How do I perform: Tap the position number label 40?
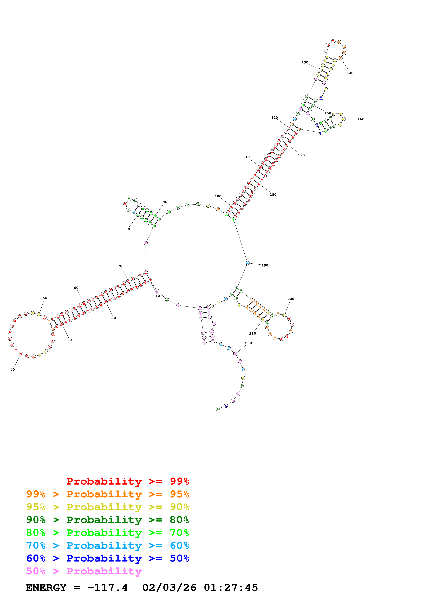coord(12,369)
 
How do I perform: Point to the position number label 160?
coord(361,119)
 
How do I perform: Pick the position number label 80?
coord(127,229)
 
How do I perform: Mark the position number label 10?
coord(158,296)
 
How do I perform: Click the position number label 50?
coord(45,298)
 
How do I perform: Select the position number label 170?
coord(301,155)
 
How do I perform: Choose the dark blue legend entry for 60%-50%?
coord(107,558)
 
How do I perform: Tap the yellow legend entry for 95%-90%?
coord(107,507)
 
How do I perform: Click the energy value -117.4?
coord(107,588)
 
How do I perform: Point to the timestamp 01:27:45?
coord(231,588)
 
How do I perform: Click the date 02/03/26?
coord(169,588)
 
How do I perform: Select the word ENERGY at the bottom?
coord(46,588)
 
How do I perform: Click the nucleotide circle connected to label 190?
coord(247,263)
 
